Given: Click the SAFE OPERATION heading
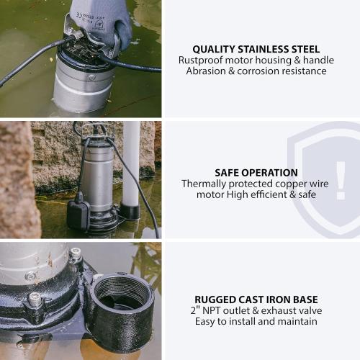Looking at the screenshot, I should (256, 173).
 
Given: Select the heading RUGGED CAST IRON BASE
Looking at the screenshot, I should (256, 299).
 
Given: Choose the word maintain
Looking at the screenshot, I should (297, 321).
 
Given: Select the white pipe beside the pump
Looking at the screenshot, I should (131, 166).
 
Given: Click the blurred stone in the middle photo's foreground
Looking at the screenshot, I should (18, 180).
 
